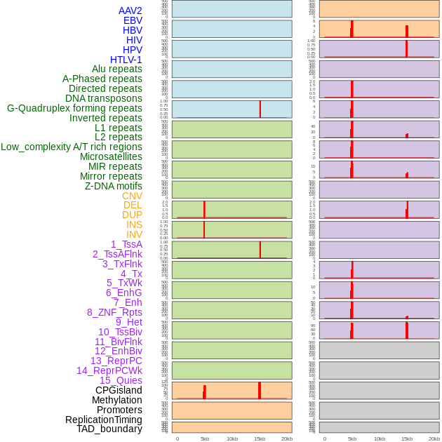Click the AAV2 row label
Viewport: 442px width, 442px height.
coord(130,11)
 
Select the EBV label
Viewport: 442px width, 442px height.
coord(132,20)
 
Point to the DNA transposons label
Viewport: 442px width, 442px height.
coord(104,98)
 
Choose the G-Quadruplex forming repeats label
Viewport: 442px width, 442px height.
coord(74,108)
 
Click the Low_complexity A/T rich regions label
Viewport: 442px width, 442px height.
coord(72,147)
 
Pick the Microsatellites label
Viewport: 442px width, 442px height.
coord(111,156)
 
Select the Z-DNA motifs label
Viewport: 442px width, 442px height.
coord(114,186)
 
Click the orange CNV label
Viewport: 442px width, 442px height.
coord(132,196)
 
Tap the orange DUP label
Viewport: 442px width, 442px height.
coord(132,215)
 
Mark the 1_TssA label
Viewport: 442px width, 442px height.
coord(126,244)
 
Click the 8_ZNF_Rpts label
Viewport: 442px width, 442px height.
coord(114,312)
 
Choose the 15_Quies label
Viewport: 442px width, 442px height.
coord(121,380)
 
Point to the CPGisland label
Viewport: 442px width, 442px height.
coord(119,390)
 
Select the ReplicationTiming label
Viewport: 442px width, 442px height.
coord(104,420)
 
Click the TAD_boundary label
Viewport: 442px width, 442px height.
coord(109,429)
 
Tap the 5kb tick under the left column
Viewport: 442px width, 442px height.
coord(204,438)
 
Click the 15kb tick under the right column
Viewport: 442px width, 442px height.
coord(407,438)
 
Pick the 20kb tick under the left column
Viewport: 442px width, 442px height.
coord(286,438)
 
